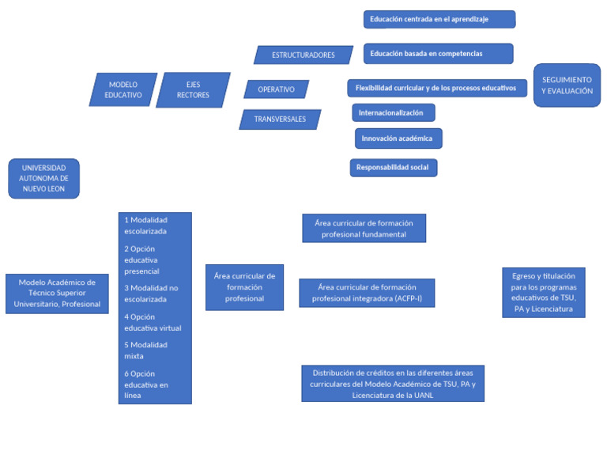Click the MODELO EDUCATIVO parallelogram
click(x=123, y=89)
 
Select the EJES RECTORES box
click(x=193, y=89)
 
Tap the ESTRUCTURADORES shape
click(x=303, y=55)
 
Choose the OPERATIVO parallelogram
click(x=276, y=89)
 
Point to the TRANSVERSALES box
click(x=280, y=119)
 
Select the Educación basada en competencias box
click(x=438, y=54)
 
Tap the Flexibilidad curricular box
click(x=435, y=88)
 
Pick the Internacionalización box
click(x=393, y=113)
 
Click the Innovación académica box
click(x=398, y=138)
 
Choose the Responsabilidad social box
click(x=393, y=168)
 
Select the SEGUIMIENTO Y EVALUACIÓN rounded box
click(x=567, y=85)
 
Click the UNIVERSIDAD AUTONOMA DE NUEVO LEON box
click(x=43, y=179)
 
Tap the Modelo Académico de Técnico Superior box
click(x=57, y=294)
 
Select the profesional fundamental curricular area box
click(x=364, y=228)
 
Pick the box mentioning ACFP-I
click(x=366, y=293)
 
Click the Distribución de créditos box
click(x=392, y=384)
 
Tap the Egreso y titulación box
click(x=543, y=293)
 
